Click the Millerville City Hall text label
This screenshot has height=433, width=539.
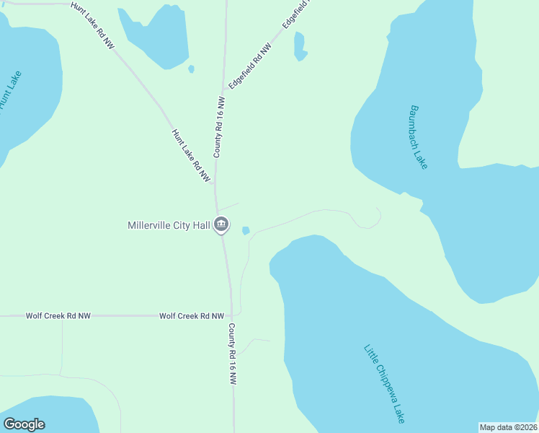point(169,226)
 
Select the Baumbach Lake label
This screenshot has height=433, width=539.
point(419,137)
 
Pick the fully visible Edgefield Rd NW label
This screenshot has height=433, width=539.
point(251,66)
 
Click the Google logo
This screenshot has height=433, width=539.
point(24,424)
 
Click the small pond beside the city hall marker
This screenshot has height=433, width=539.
point(246,231)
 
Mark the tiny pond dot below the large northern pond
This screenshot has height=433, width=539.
point(191,69)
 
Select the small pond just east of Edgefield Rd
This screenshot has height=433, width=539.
point(300,46)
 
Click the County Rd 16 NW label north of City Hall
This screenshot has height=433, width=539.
point(218,126)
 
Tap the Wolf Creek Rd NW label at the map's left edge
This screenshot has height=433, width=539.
point(58,316)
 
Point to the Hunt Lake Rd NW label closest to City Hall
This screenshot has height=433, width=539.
point(191,155)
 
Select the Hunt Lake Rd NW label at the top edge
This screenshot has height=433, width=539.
point(93,25)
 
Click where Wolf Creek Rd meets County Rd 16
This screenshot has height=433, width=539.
point(231,316)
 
